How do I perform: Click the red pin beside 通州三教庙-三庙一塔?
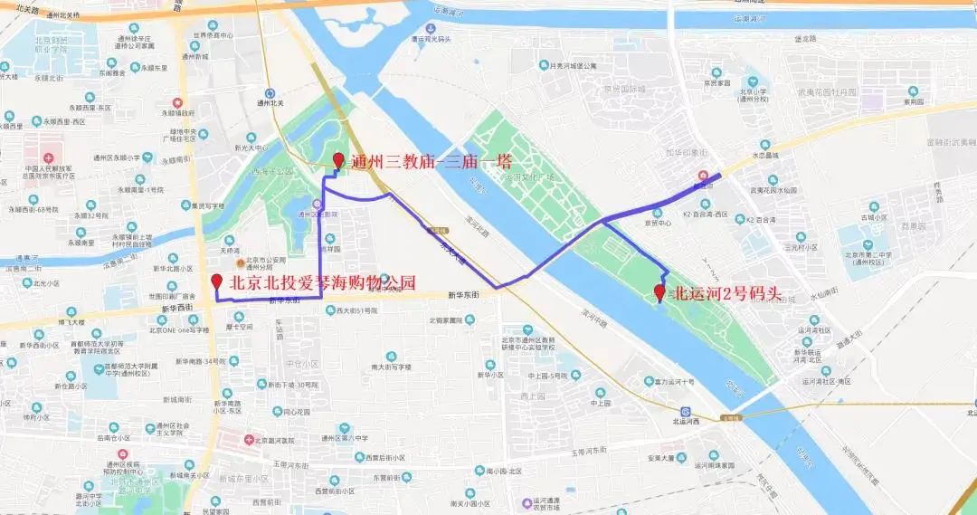[x=338, y=160]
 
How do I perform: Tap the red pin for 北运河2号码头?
[x=659, y=291]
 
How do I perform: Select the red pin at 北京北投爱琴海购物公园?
[x=216, y=281]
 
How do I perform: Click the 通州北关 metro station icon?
[x=270, y=93]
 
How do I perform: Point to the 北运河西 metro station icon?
[x=687, y=411]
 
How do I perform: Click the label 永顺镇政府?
[x=178, y=113]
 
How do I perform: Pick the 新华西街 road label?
[x=178, y=308]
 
